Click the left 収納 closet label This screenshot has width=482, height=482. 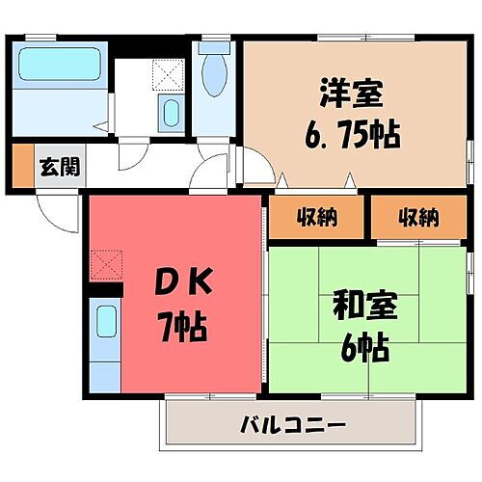317,217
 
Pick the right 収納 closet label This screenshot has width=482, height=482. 417,217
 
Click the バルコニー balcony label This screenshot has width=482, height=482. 292,424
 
